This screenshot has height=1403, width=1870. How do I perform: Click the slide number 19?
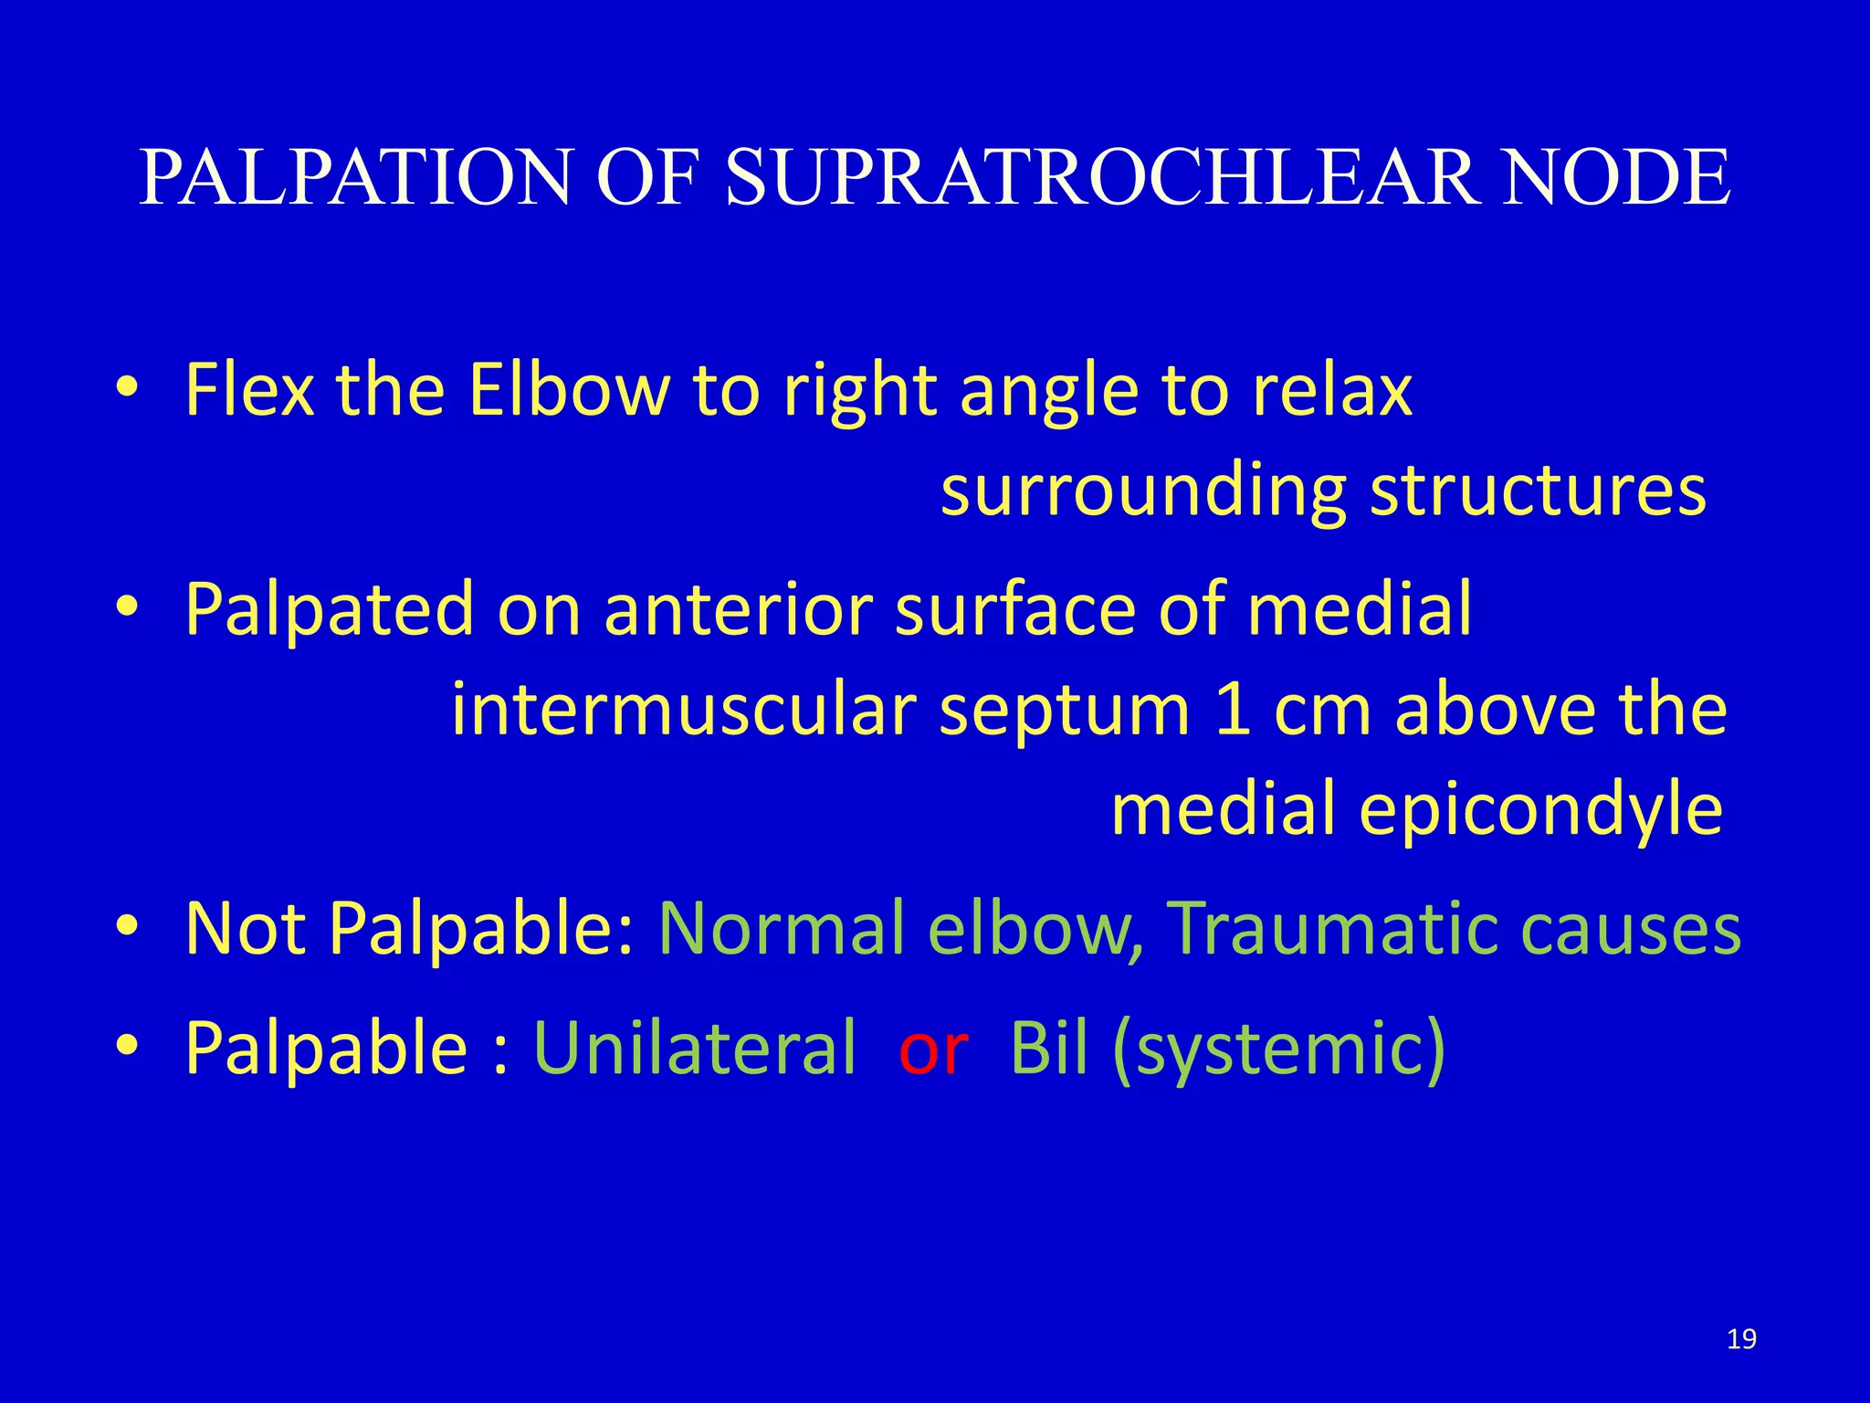(x=1741, y=1339)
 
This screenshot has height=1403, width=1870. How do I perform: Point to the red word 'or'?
(x=932, y=1048)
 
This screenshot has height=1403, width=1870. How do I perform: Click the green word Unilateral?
(x=695, y=1048)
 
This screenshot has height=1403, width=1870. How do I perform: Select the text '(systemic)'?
(x=1279, y=1050)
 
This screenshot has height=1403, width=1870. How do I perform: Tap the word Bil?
(x=1049, y=1048)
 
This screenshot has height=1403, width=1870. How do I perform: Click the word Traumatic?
(x=1333, y=928)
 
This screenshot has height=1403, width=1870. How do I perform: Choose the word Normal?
(x=782, y=928)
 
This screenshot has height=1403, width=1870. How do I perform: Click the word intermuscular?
(x=684, y=710)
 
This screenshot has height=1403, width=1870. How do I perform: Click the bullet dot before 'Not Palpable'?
(x=127, y=926)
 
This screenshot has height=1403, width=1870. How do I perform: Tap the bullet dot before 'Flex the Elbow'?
(x=127, y=387)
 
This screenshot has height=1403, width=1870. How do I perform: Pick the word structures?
(x=1538, y=491)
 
